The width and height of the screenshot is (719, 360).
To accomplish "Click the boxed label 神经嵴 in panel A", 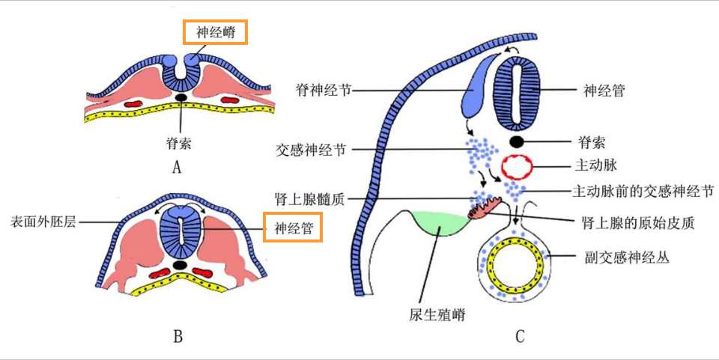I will [x=215, y=32].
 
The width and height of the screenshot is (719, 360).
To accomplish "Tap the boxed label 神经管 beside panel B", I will [x=293, y=227].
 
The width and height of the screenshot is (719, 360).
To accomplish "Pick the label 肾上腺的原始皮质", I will [x=629, y=222].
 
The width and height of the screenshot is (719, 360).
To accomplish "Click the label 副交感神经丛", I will [x=626, y=257].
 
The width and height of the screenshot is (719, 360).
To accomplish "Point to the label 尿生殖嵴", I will [x=439, y=314].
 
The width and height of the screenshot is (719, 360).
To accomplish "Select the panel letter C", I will [x=519, y=337].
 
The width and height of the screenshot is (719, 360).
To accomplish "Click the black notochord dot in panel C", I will [x=517, y=141].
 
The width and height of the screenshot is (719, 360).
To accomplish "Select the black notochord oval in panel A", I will [x=180, y=97].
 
